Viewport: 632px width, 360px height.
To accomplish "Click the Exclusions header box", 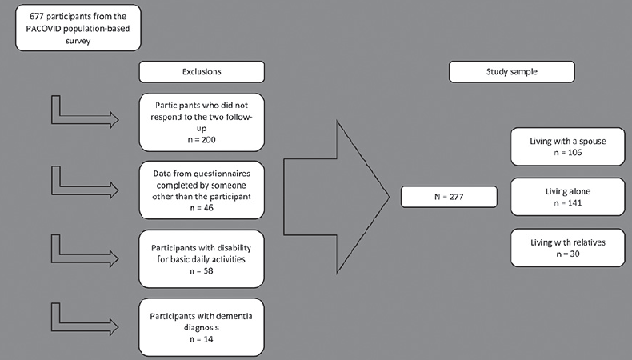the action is point(202,72).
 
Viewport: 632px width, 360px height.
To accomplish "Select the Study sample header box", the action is point(511,72).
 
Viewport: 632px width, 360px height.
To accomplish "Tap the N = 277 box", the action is point(449,197).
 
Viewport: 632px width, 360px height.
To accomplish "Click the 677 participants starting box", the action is point(78,28).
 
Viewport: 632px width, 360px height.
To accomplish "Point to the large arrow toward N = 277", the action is point(337,197).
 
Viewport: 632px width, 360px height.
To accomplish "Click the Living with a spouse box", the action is point(567,146).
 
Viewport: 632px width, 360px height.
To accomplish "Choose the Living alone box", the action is point(567,197).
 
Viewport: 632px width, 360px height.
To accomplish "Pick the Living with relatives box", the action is point(567,247).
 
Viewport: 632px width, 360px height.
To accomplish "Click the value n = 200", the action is point(202,140).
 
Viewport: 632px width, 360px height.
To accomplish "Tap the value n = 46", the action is point(202,208).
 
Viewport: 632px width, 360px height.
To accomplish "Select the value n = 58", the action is point(201,271).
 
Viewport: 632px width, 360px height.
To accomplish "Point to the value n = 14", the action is point(201,339).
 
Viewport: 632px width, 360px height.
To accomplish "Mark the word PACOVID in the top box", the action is point(43,29).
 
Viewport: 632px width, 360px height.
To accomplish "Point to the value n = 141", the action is point(567,202).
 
